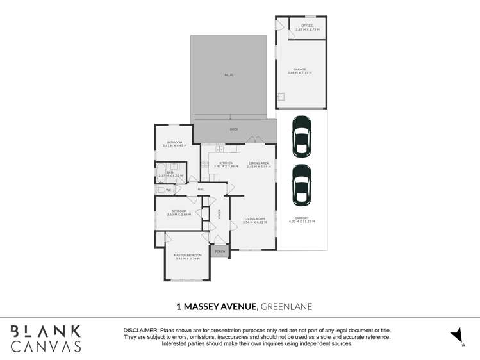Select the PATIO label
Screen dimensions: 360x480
pos(229,75)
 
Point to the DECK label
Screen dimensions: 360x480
pos(234,129)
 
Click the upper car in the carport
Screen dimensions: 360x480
pos(301,136)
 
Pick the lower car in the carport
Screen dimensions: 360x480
pos(301,185)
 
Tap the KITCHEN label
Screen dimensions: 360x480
pos(226,164)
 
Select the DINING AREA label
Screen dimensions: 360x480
pos(258,164)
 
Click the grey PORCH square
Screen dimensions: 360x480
pos(220,252)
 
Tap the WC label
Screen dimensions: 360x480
pos(169,190)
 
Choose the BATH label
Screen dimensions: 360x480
pos(170,173)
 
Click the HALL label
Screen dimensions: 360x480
pos(201,190)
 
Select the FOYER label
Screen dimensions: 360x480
pos(219,214)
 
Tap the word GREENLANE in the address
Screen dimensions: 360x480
pos(286,306)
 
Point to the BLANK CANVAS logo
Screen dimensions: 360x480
pos(46,338)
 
